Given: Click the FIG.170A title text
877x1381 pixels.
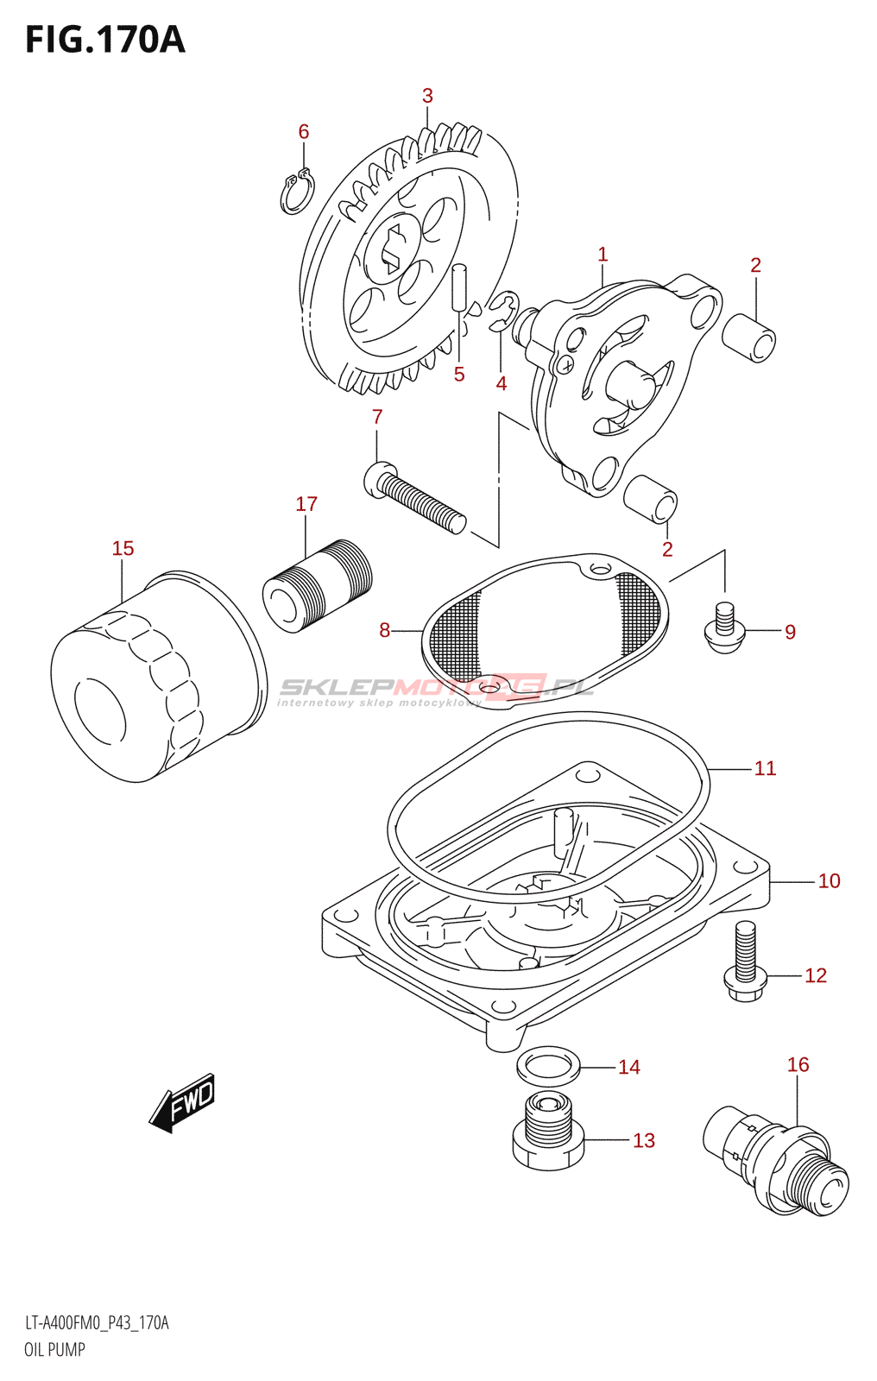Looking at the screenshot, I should tap(105, 40).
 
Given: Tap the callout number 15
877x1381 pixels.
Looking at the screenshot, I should tap(123, 548).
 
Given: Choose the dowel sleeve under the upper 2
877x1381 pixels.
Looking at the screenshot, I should tap(748, 337).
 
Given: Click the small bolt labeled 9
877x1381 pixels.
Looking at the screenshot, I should tap(724, 629).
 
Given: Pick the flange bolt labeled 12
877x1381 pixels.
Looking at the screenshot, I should tap(743, 961).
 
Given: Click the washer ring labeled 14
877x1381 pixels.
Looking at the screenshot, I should tap(548, 1067).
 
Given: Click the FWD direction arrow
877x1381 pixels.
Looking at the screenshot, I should tap(182, 1102).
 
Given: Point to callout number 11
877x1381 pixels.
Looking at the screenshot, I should tap(765, 768).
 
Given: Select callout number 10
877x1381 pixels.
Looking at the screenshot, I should tap(829, 881).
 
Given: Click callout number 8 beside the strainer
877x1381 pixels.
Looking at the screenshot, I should tap(384, 630).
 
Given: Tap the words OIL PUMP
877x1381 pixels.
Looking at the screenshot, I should tap(54, 1350).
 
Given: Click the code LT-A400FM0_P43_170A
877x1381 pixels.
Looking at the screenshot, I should tap(97, 1323).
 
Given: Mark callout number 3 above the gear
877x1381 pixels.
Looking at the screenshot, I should tap(427, 96).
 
